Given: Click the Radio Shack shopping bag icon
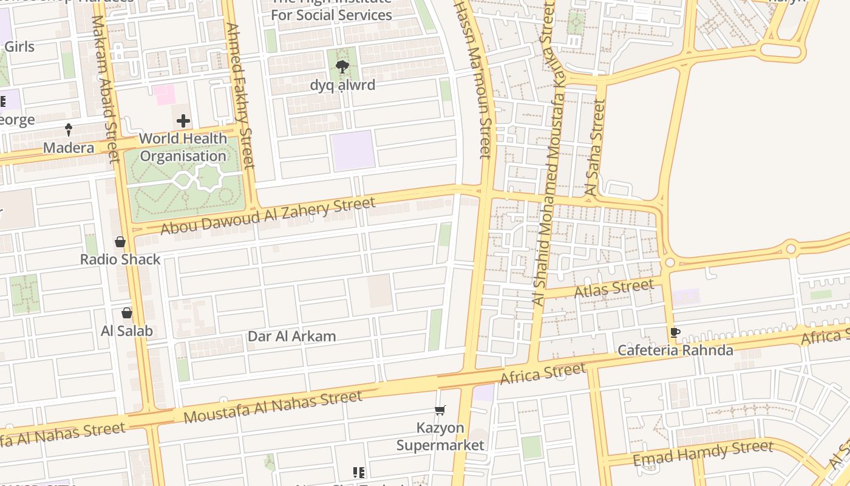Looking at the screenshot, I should tap(120, 242).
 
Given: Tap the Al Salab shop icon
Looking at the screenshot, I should tap(127, 313).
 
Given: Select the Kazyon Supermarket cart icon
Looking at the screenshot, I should tap(440, 411).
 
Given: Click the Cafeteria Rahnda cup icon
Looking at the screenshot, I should tap(675, 332).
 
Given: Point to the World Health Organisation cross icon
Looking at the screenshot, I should tap(183, 121).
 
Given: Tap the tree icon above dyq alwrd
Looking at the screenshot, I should tap(342, 67).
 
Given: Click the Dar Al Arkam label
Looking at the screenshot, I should tap(291, 336).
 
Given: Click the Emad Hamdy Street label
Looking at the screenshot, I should tap(703, 453).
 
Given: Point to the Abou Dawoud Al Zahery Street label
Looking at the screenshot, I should tap(268, 216).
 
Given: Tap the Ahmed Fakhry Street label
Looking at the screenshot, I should tap(239, 95).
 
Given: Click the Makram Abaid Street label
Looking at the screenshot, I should tap(104, 88).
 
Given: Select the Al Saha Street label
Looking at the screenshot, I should tap(595, 148).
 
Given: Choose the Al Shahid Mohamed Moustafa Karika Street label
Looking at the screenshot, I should tap(549, 152).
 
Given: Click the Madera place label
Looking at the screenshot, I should tap(69, 148).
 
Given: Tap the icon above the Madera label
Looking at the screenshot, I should tap(69, 129).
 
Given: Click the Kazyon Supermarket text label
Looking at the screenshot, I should tap(440, 437).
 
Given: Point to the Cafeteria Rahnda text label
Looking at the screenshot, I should tap(675, 351).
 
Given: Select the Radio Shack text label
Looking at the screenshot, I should tap(120, 259).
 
